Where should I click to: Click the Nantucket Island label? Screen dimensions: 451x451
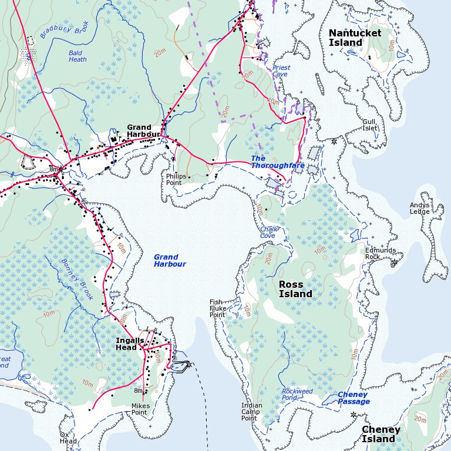click(x=355, y=38)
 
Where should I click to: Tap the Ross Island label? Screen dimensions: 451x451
click(x=295, y=289)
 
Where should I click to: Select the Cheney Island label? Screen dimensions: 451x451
click(x=381, y=434)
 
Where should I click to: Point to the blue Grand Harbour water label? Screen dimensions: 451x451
click(x=170, y=261)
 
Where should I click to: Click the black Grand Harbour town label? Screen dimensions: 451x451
click(x=139, y=131)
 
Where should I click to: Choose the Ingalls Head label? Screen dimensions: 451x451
click(x=130, y=344)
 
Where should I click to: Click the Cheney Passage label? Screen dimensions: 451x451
click(x=354, y=398)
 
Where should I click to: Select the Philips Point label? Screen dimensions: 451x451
click(x=176, y=179)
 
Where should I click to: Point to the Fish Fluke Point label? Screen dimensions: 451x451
click(x=217, y=308)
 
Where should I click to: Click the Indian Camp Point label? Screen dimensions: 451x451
click(x=252, y=412)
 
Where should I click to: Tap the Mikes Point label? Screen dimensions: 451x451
click(x=139, y=409)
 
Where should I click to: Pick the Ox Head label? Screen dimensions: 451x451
click(x=68, y=438)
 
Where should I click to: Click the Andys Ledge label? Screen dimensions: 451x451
click(x=420, y=208)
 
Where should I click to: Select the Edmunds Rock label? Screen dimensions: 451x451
click(x=381, y=253)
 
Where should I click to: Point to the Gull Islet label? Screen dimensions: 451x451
click(x=370, y=124)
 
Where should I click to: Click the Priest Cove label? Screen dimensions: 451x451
click(x=281, y=71)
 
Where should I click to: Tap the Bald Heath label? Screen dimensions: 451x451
click(x=78, y=56)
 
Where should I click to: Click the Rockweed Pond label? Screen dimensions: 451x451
click(x=297, y=394)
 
